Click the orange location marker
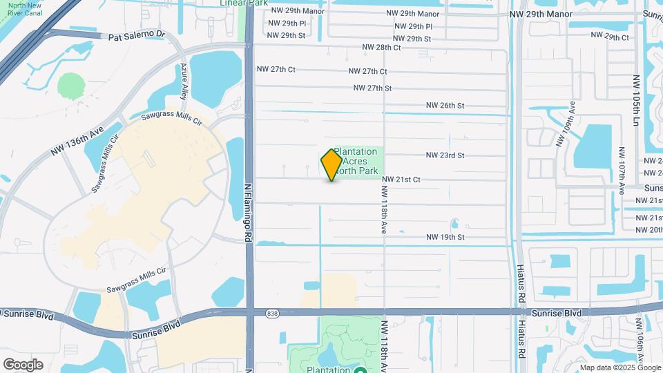coord(331,164)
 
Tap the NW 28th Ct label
coord(381,48)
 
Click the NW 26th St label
coord(445,106)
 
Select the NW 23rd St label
coord(445,155)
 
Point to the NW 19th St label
coord(445,237)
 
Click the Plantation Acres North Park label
coord(356,162)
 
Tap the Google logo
coord(23,365)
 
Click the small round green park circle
coord(70,86)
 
